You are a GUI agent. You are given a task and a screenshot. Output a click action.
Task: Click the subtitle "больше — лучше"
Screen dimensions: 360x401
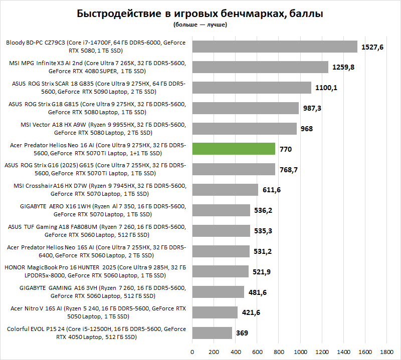tap(200, 25)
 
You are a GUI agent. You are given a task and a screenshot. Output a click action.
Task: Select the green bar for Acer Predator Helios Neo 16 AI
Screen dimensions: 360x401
tap(234, 149)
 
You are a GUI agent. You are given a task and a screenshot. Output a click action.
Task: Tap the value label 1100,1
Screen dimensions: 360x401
tap(326, 88)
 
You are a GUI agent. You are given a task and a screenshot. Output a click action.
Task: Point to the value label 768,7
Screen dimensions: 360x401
tap(289, 170)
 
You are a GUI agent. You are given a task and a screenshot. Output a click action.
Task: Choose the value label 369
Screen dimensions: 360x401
tap(242, 333)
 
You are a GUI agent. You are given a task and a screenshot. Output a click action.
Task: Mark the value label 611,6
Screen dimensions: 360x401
tap(272, 190)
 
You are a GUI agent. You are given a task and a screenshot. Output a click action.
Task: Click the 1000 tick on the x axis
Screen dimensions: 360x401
tap(300, 351)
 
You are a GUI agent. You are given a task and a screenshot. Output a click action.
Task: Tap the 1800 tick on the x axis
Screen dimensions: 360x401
tap(386, 351)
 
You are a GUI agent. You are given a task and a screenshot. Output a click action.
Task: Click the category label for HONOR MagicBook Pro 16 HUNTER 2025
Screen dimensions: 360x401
tap(96, 271)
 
